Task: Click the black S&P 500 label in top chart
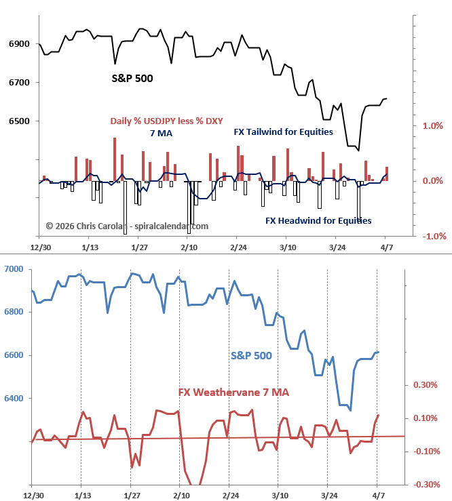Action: (132, 79)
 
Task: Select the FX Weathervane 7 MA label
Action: (233, 393)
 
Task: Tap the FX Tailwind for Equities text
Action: (283, 132)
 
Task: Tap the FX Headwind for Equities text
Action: (318, 220)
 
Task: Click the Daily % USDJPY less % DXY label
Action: (166, 121)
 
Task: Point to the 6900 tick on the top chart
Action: (18, 44)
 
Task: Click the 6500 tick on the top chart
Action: (18, 121)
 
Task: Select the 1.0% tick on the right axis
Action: (433, 125)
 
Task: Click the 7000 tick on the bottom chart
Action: (13, 269)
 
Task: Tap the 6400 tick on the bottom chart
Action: (13, 399)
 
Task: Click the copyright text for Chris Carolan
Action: (127, 226)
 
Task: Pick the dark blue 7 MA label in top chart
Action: (161, 134)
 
